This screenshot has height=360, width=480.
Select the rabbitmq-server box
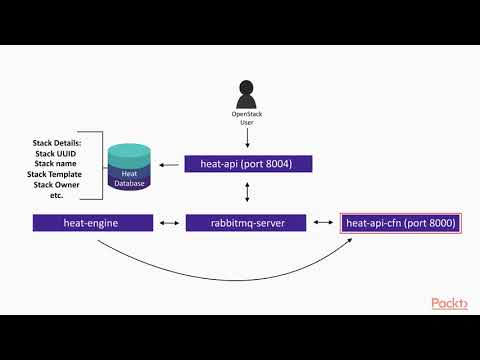click(x=244, y=223)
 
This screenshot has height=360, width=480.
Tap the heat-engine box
click(x=92, y=223)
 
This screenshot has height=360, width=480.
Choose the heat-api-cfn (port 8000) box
click(x=400, y=223)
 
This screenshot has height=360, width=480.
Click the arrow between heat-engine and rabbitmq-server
click(x=169, y=223)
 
